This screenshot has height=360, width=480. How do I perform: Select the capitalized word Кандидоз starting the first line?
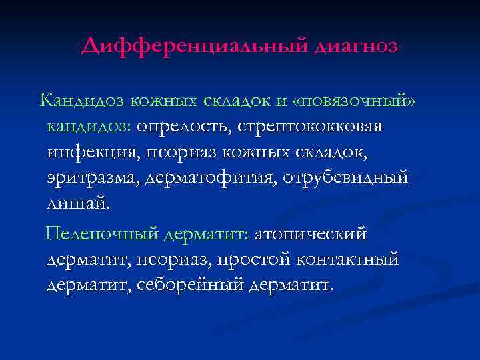(82, 100)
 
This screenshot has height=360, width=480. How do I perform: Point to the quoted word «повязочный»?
(358, 101)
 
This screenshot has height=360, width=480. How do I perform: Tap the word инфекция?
(89, 152)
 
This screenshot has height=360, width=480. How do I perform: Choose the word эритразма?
(92, 178)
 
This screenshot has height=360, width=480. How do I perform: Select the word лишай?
(75, 203)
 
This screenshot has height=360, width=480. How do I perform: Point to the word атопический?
(310, 234)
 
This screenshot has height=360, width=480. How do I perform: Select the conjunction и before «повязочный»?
(281, 101)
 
